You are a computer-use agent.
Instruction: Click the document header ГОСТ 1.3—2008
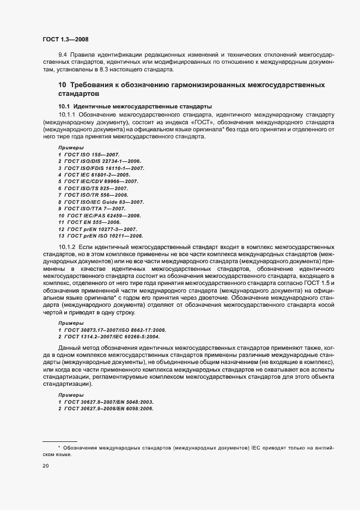(65, 39)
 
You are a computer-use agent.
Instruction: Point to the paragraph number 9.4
(62, 55)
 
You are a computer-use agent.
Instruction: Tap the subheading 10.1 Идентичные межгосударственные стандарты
(135, 106)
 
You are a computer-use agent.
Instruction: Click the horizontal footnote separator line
(59, 441)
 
